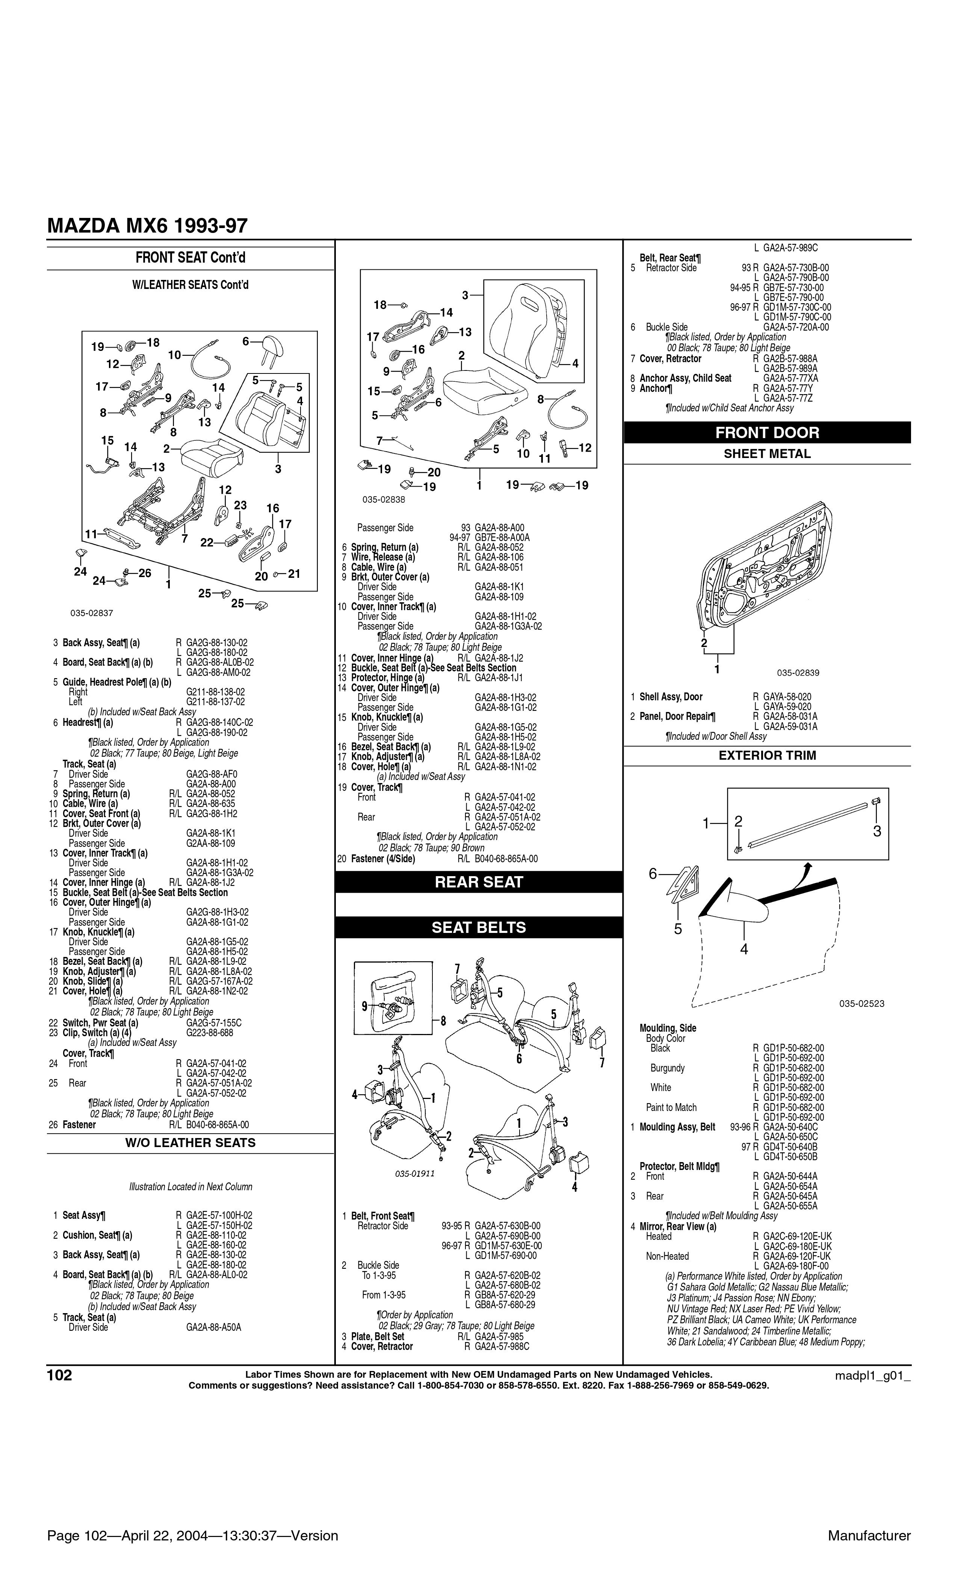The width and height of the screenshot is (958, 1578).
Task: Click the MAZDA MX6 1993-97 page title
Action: pos(147,226)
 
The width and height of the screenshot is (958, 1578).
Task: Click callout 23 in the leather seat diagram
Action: pos(240,505)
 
